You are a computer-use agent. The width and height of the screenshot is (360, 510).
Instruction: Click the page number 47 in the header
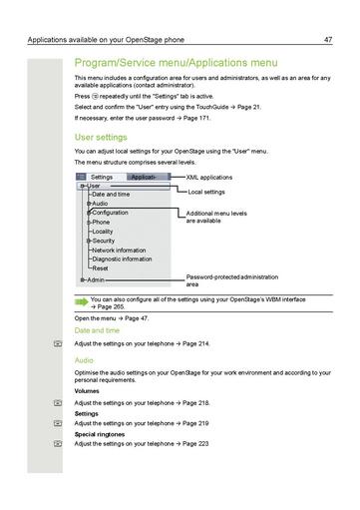328,40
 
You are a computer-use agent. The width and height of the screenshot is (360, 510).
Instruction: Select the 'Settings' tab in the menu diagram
102,177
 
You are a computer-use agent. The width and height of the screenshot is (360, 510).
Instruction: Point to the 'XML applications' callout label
209,177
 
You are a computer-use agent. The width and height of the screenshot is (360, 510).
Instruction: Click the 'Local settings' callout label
207,191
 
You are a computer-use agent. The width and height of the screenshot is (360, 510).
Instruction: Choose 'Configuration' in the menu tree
110,213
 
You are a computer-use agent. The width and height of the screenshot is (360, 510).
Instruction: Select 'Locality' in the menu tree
102,231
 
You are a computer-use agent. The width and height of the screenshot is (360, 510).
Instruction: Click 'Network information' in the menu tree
119,250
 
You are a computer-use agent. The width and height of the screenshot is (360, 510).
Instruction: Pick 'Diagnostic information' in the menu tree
122,258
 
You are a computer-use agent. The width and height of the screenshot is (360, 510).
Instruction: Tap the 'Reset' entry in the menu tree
100,268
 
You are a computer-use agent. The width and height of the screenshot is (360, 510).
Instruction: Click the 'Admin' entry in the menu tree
96,280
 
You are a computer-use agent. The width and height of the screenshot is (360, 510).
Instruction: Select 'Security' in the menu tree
104,241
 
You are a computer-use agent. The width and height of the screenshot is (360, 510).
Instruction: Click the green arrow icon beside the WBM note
80,299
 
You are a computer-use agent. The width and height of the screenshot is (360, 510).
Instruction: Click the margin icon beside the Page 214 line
58,343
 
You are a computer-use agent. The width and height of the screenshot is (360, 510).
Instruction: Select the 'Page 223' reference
192,443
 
